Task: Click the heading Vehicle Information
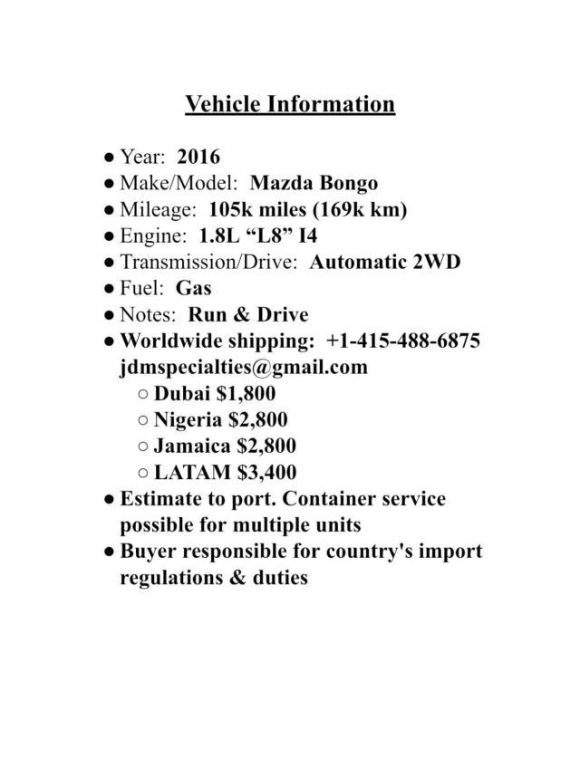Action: tap(290, 104)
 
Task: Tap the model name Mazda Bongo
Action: tap(314, 184)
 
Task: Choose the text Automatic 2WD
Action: tap(385, 263)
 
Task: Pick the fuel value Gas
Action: tap(193, 289)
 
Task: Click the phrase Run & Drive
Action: tap(248, 315)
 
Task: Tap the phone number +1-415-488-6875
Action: tap(403, 341)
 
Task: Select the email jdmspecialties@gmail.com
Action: tap(244, 368)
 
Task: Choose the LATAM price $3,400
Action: tap(266, 473)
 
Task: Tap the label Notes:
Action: tap(150, 315)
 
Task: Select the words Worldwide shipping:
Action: tap(217, 341)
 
